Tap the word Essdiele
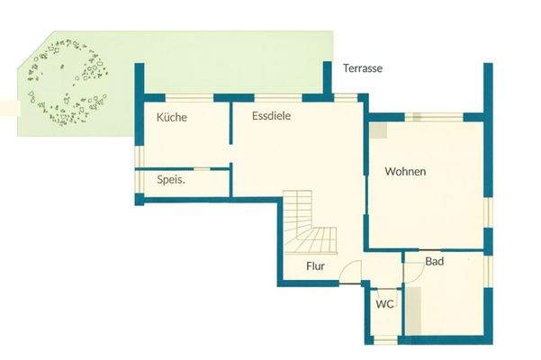coord(271,116)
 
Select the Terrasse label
coord(363,68)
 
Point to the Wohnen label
coord(405,171)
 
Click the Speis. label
coord(171,180)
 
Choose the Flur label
coord(315,266)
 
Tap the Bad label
coord(435,262)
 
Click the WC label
coord(384,304)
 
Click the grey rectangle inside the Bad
coord(410,310)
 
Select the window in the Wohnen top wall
coord(434,116)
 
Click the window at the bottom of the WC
coord(384,338)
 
